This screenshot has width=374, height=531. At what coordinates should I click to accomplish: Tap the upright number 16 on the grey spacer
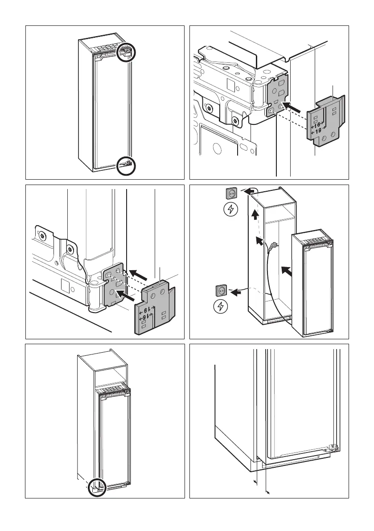pos(318,125)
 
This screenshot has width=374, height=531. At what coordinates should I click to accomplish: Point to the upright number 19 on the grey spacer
pos(318,132)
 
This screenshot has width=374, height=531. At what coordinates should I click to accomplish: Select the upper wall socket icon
pos(231,193)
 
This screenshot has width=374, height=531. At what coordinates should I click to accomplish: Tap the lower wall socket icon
pos(222,290)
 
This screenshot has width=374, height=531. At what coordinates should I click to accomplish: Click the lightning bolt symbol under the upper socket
pos(231,210)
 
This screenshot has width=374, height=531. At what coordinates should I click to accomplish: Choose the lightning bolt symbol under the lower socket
pos(222,307)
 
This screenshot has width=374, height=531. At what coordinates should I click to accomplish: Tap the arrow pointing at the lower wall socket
pos(240,292)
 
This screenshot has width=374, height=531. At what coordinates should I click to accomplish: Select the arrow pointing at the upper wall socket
pos(253,191)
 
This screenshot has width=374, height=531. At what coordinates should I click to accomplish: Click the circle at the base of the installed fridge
pos(97,486)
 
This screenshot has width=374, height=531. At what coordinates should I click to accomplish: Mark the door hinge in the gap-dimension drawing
pos(331,449)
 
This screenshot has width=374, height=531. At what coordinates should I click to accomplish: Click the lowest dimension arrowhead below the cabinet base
pos(267,492)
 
